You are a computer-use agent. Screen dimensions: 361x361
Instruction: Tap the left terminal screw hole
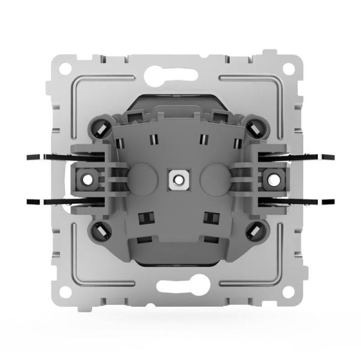tap(87, 179)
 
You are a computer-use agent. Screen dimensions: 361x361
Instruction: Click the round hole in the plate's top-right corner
tap(295, 64)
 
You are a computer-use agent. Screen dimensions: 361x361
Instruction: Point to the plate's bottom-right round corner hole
tap(295, 294)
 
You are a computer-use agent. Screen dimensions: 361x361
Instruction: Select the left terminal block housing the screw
tap(87, 179)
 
